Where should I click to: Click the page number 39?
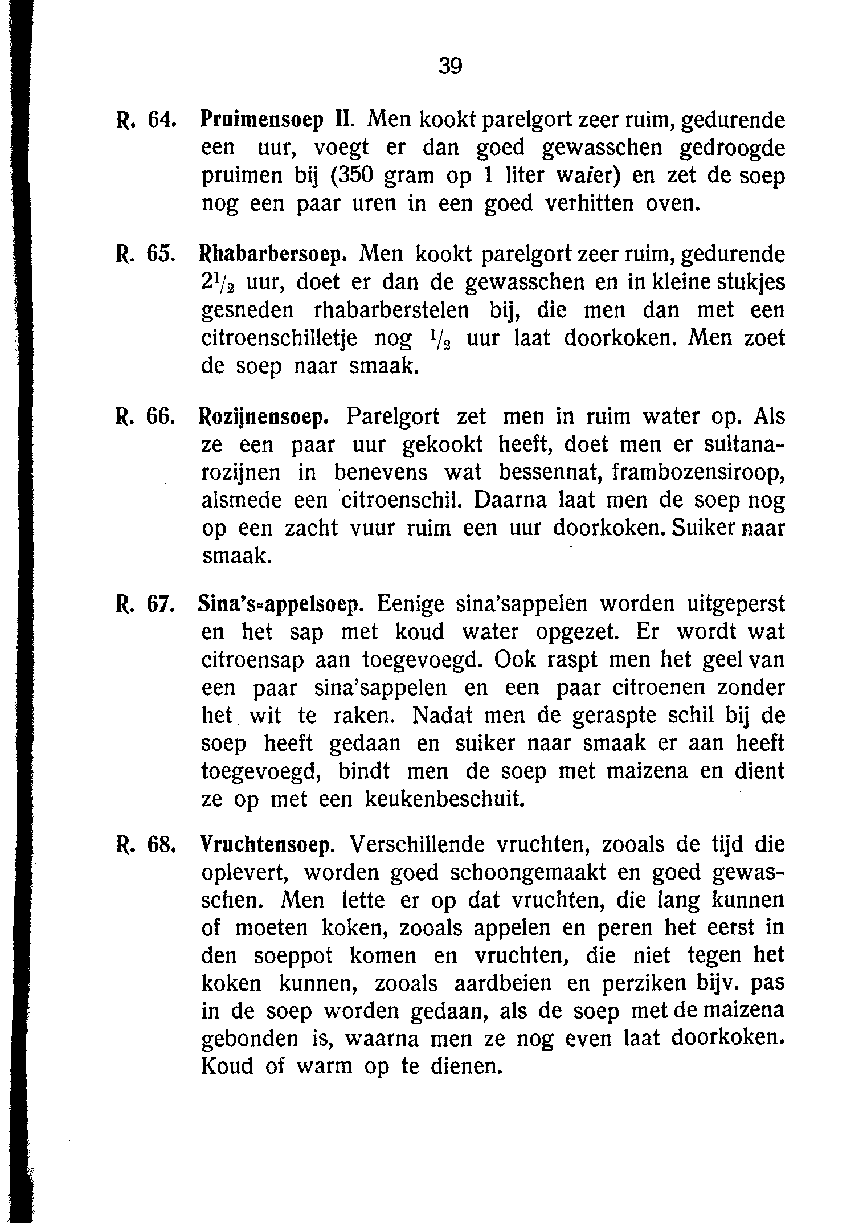point(450,67)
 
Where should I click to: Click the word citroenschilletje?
point(280,338)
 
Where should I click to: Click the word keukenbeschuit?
point(444,799)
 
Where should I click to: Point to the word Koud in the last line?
point(227,1066)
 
